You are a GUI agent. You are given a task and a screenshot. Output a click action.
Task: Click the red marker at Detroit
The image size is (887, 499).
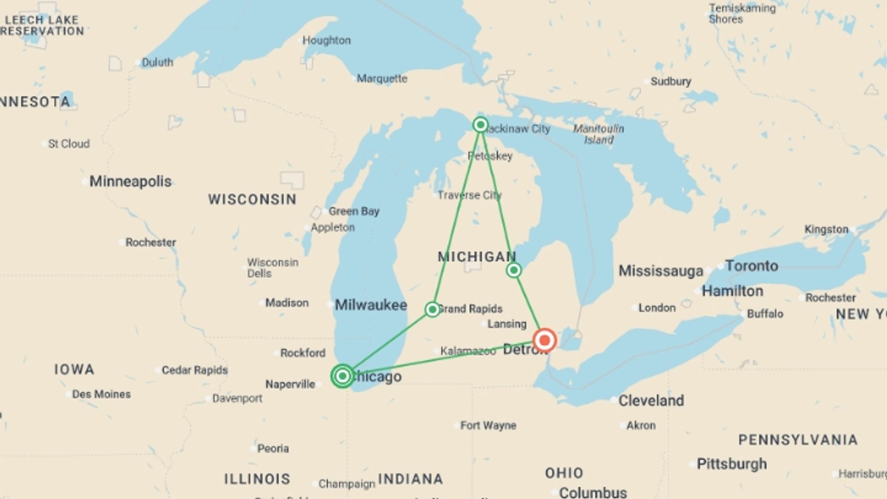tap(544, 341)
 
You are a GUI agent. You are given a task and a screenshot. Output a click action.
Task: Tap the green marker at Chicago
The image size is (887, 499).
tap(342, 376)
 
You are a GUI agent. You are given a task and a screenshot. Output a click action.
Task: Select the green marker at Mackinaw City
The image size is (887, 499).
tap(480, 125)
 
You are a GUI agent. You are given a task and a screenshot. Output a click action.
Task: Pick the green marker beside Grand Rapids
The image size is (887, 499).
tap(432, 309)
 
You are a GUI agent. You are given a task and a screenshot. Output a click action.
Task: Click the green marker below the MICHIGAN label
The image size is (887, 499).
tap(514, 270)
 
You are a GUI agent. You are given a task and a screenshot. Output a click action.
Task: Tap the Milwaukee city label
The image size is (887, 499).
tap(371, 305)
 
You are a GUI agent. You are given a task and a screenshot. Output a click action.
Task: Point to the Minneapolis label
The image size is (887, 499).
tap(130, 182)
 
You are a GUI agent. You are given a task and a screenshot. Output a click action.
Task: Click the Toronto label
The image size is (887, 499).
tap(751, 266)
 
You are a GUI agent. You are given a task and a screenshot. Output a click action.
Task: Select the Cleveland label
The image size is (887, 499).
tap(651, 401)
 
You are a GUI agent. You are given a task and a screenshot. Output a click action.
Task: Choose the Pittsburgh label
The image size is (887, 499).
tap(731, 464)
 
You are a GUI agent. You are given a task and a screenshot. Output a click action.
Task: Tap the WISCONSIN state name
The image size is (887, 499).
tap(252, 200)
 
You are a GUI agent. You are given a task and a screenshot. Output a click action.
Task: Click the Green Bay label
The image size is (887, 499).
tap(354, 212)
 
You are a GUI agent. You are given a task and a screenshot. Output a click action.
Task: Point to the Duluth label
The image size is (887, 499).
tap(157, 62)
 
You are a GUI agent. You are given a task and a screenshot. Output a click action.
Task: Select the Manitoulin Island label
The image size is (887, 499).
tap(598, 134)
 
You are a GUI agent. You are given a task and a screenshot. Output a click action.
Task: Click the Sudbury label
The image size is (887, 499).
tap(670, 82)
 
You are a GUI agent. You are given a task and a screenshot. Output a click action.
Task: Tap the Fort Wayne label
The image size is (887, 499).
tap(488, 426)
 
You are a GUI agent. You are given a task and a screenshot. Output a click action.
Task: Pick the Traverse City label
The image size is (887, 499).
tap(469, 195)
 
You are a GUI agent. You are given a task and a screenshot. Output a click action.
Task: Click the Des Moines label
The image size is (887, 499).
tap(101, 395)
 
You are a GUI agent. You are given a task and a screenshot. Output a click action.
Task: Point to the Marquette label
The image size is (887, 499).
tap(382, 79)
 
